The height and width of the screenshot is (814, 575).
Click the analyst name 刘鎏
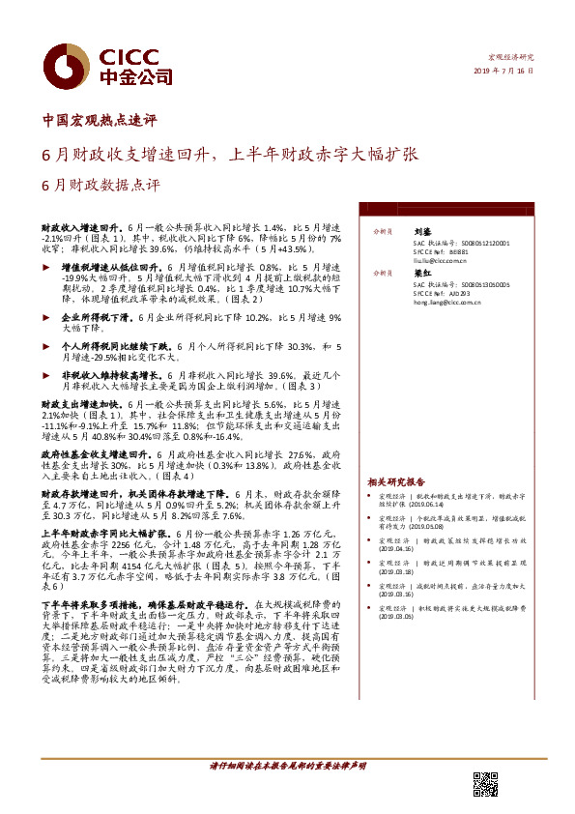coord(422,233)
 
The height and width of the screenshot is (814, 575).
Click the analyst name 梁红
coord(422,274)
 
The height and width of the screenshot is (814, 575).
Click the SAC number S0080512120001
coord(474,245)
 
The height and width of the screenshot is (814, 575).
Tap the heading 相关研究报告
coord(395,481)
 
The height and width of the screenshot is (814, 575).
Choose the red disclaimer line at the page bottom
coord(288,765)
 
